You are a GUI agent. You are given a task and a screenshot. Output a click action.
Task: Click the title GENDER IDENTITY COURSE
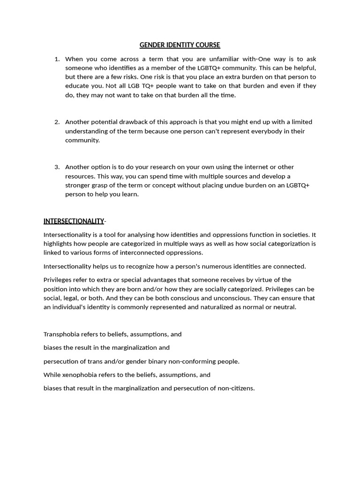180,45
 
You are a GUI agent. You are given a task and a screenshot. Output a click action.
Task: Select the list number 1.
57,59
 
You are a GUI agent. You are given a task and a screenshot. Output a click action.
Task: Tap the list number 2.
57,122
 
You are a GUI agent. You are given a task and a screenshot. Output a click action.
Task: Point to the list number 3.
57,167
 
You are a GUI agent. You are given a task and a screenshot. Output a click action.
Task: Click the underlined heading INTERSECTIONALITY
74,221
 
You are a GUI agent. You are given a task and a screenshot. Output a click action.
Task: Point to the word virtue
277,280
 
